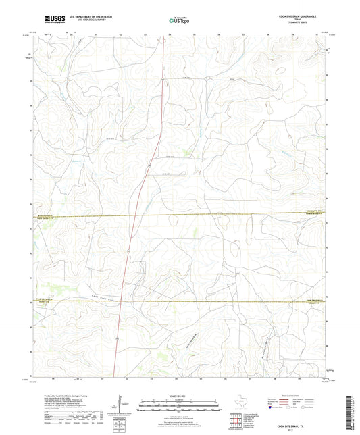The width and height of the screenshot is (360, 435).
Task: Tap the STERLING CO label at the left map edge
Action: click(x=40, y=215)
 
